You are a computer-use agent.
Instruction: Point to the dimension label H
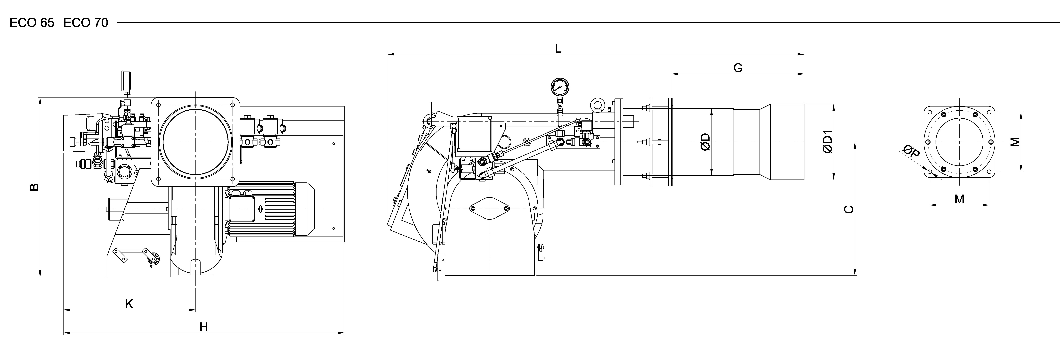204,327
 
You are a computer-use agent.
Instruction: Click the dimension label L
558,49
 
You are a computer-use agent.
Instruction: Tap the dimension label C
849,209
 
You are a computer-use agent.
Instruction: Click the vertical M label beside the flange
1015,142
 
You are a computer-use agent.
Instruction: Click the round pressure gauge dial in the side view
560,87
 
